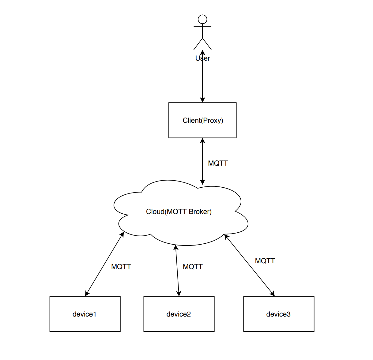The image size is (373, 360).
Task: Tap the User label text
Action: click(x=202, y=58)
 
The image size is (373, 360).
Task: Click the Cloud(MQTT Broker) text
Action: click(x=179, y=212)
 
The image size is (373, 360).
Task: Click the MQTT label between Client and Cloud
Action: click(x=218, y=163)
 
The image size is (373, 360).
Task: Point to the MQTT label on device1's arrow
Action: click(x=121, y=267)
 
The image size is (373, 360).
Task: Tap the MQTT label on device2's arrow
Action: click(x=193, y=267)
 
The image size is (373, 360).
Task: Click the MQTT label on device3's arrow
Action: click(x=265, y=261)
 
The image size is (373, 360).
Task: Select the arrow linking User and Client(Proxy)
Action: click(x=202, y=76)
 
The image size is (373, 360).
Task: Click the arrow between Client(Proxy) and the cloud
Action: click(x=202, y=161)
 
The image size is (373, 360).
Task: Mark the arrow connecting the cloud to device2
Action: click(x=177, y=271)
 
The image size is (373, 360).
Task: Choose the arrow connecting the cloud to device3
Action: click(x=249, y=265)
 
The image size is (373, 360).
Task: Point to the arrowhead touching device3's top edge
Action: click(x=273, y=294)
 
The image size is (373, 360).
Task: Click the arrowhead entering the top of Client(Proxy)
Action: click(x=202, y=100)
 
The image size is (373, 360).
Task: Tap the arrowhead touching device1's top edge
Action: click(x=87, y=293)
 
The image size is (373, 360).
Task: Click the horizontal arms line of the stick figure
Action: click(x=202, y=26)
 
